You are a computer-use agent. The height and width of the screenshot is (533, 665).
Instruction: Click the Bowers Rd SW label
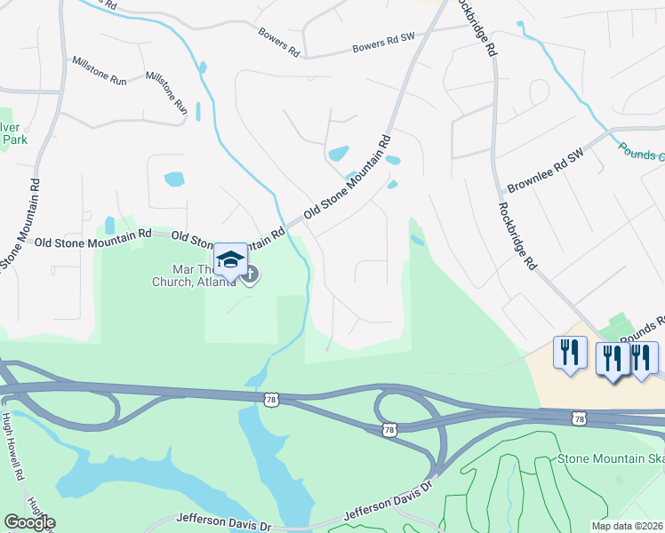[383, 43]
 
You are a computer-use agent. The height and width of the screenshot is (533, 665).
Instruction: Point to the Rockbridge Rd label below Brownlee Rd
[517, 235]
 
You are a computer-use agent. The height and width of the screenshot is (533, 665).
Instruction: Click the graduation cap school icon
[230, 259]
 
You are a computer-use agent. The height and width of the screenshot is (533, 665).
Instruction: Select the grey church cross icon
[249, 274]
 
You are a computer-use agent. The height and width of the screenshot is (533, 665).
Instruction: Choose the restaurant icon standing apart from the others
[569, 351]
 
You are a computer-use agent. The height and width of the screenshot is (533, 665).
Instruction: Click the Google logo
[29, 522]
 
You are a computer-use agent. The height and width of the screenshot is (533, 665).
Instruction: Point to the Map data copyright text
[628, 526]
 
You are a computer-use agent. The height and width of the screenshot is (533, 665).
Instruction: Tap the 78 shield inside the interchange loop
[389, 430]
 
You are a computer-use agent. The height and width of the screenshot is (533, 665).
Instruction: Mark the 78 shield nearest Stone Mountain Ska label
[580, 418]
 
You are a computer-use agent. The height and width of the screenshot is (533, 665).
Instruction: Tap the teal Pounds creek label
[641, 152]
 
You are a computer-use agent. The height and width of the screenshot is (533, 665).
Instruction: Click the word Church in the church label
[171, 282]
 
